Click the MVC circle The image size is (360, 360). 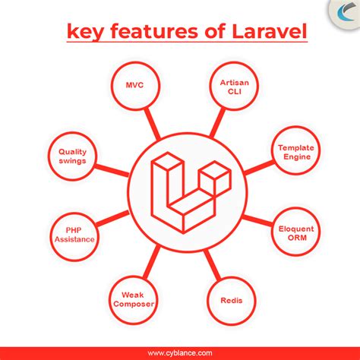point(134,87)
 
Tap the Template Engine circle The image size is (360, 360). point(295,153)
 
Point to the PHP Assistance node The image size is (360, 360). point(74,232)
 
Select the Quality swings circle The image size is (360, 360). point(74,155)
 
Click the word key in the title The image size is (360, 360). point(83,32)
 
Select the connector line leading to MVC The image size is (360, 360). point(150,122)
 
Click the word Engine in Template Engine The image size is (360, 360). point(295,158)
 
